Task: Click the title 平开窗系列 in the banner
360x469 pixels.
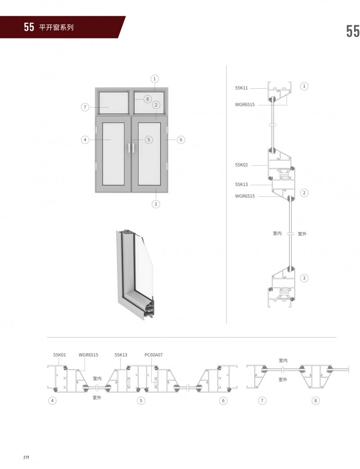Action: [56, 27]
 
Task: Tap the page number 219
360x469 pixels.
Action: [26, 457]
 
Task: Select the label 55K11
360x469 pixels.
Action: [241, 88]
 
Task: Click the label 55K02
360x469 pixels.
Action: [241, 165]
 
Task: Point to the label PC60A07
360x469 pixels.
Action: [153, 355]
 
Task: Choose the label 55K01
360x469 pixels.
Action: [59, 355]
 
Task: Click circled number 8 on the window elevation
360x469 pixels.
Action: [148, 99]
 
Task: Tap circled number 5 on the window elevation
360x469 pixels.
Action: [148, 140]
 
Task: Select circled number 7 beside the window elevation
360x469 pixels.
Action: [85, 107]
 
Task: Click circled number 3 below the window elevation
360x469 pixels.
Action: [156, 204]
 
